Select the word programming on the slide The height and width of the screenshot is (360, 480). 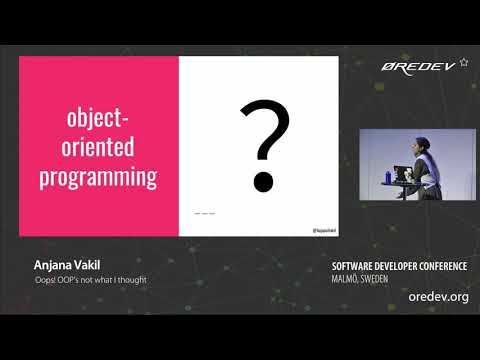pos(98,178)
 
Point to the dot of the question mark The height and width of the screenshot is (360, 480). pos(263,182)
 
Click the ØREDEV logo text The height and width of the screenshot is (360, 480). pos(418,68)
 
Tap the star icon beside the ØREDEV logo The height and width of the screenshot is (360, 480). pos(463,62)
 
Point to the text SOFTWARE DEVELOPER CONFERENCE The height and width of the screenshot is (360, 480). pos(399,266)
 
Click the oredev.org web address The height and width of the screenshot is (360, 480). pos(438,297)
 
